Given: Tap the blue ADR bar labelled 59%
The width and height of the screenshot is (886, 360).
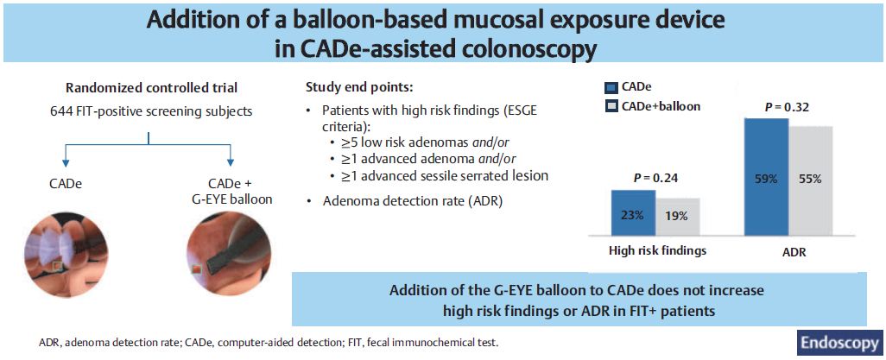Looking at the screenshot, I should [766, 177].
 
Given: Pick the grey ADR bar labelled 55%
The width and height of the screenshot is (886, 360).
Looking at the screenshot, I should [810, 180].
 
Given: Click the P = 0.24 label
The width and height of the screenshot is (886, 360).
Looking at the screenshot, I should [655, 178].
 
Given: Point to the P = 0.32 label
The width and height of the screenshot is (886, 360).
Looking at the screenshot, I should [788, 107].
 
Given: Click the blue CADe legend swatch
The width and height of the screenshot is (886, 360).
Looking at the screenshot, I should [611, 87].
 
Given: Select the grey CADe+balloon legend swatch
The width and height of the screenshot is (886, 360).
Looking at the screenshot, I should [611, 105].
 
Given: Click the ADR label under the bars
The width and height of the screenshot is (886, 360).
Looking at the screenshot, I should [788, 250].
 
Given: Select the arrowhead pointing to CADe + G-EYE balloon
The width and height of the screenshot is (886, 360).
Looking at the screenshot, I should [230, 161].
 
